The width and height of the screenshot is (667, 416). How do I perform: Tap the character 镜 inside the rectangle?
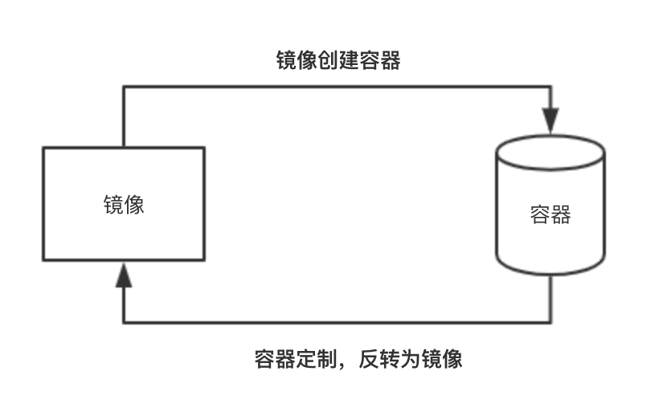[x=113, y=204]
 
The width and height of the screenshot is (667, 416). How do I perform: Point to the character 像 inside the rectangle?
[x=134, y=204]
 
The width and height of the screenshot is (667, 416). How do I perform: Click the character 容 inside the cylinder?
[x=540, y=214]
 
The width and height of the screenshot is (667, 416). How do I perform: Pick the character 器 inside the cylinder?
[x=561, y=214]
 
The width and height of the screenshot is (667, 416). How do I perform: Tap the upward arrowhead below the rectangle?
[x=123, y=275]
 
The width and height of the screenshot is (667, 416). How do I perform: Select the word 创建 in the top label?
[x=338, y=61]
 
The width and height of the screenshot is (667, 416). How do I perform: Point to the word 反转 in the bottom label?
[x=379, y=358]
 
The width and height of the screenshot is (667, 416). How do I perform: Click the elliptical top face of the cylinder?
[x=550, y=150]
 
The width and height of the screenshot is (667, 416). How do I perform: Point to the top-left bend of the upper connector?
[x=123, y=87]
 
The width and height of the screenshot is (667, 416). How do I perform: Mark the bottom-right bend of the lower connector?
[x=550, y=323]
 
